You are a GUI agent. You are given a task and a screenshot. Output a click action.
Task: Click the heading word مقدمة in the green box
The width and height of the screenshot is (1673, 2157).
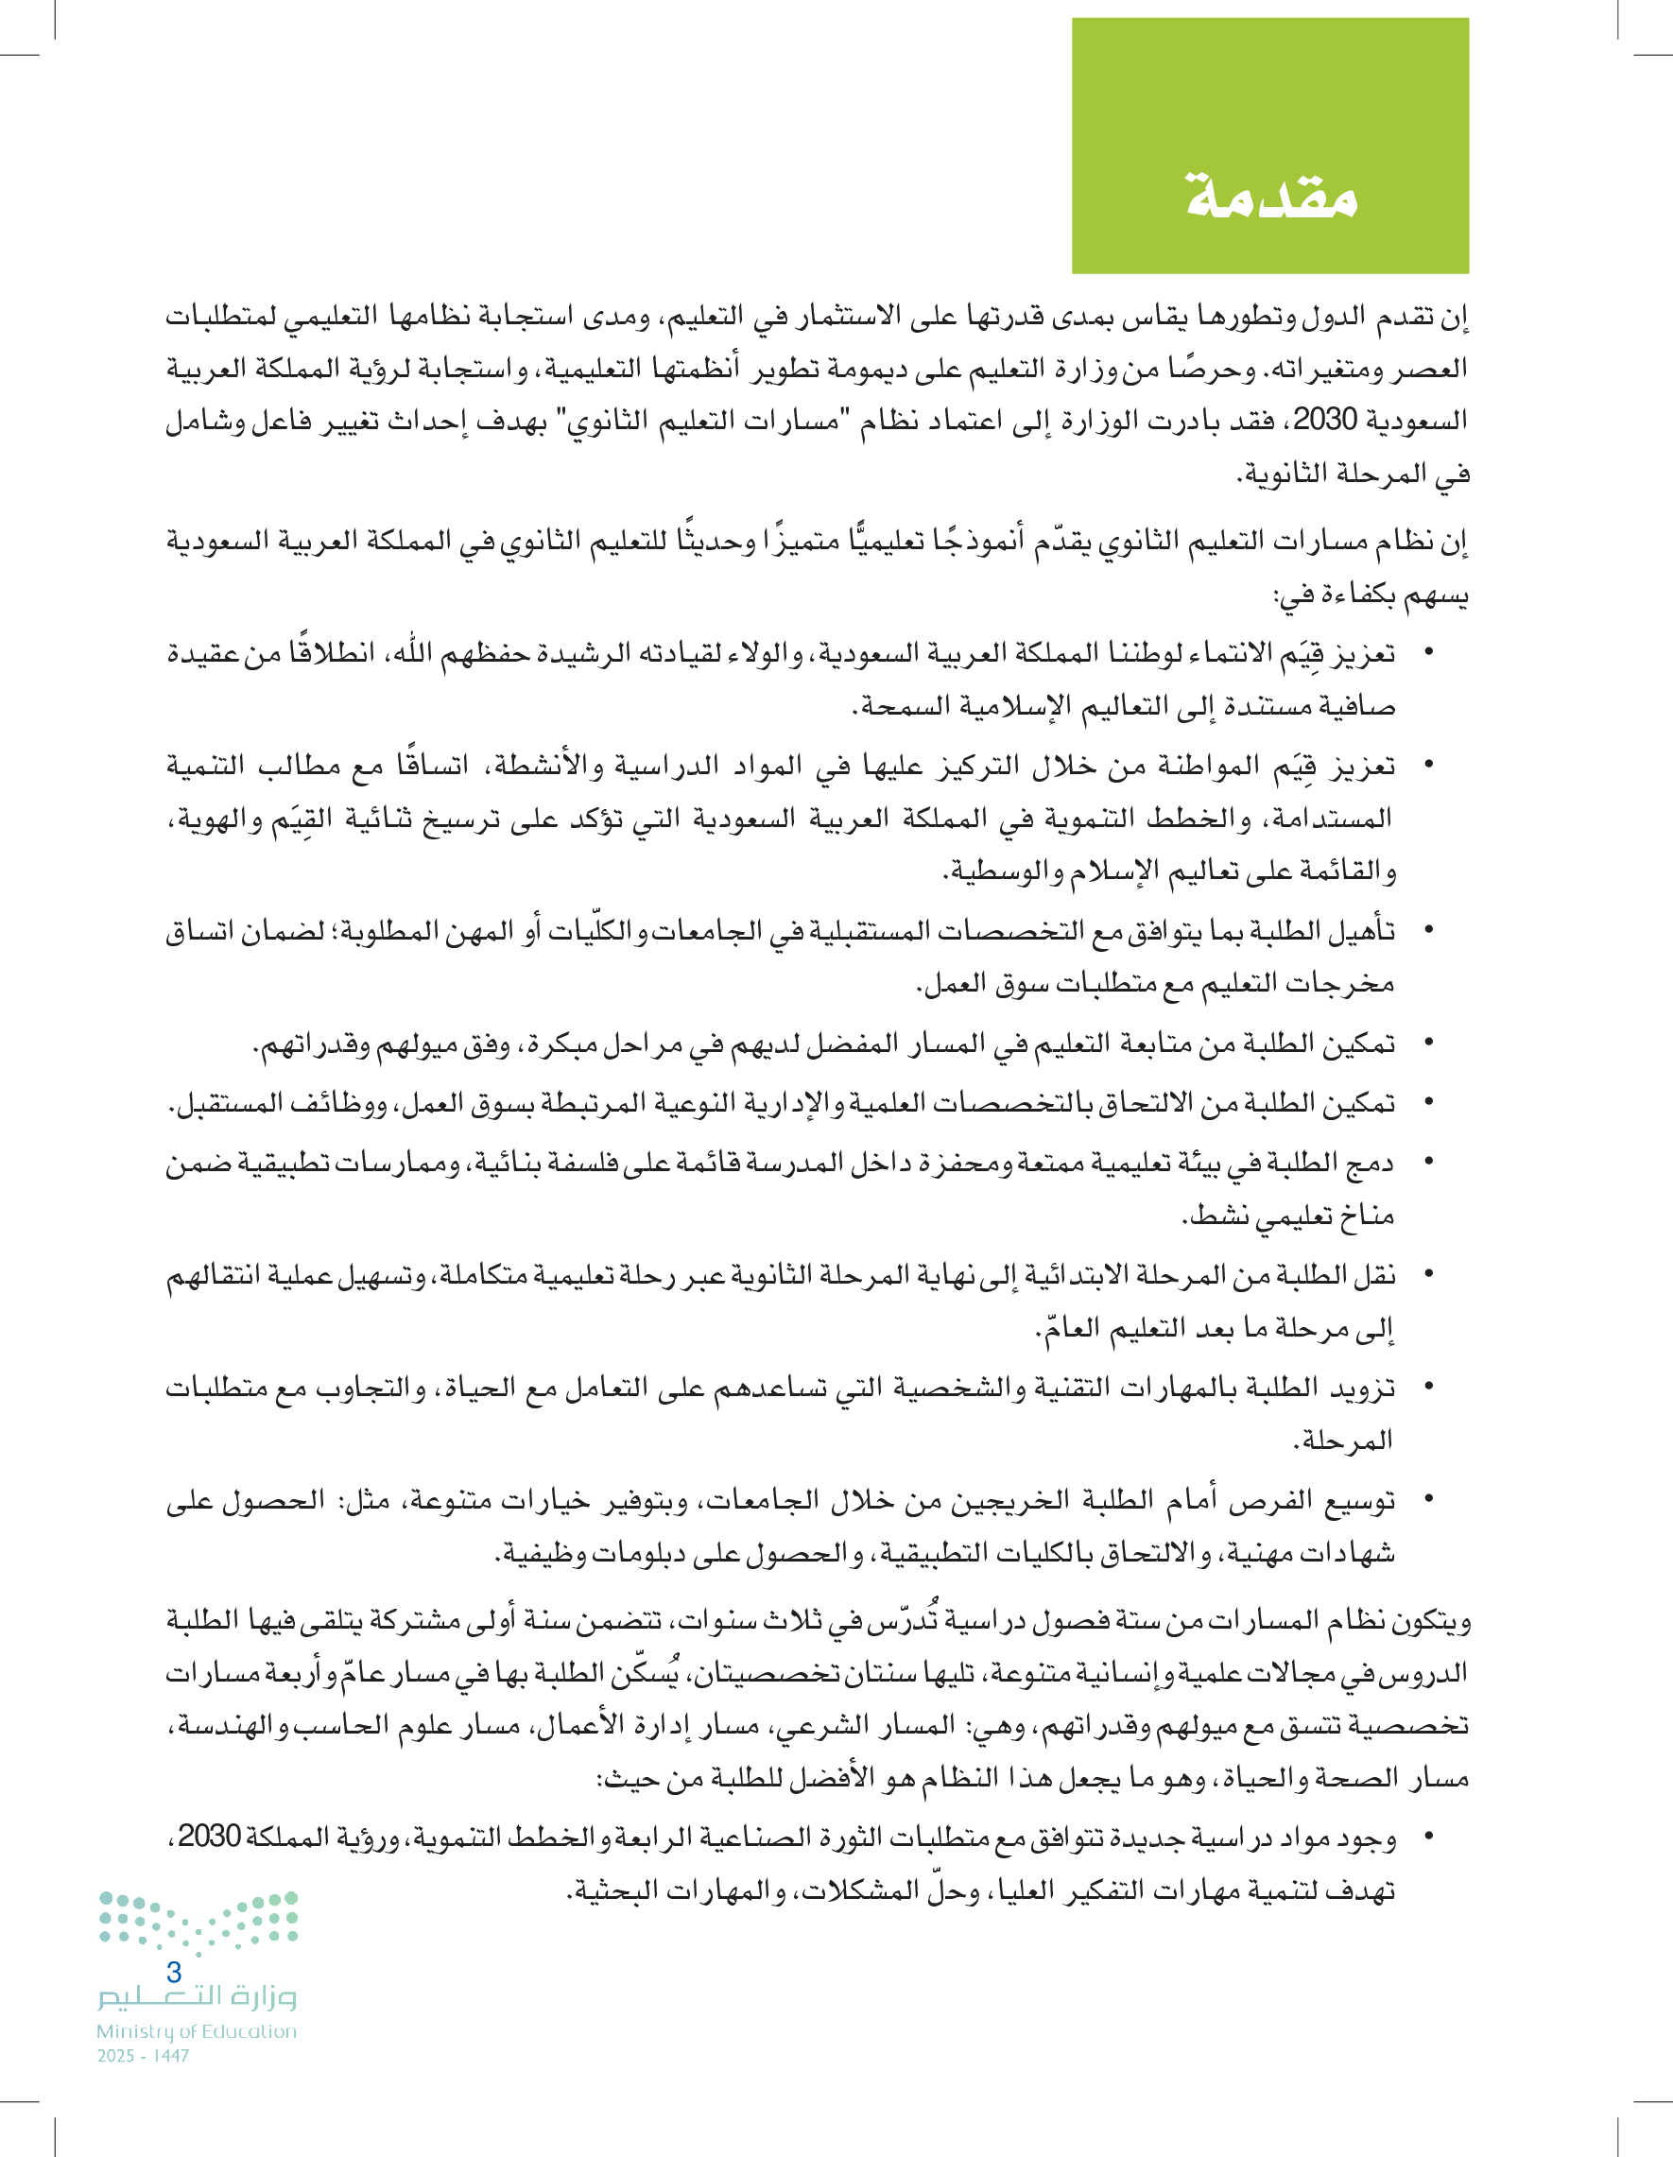1271,195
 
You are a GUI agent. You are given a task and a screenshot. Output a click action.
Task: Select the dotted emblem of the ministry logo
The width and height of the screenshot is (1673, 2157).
198,1921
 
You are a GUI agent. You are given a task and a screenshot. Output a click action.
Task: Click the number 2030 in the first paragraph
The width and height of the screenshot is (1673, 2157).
1324,420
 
